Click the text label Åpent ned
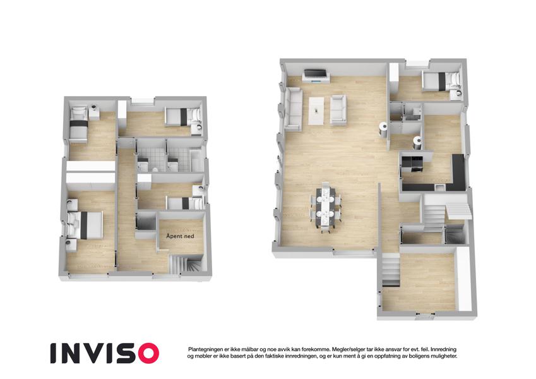(180, 236)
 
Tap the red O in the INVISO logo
(146, 353)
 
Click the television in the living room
(315, 73)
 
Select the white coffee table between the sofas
(316, 111)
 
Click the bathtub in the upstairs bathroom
(196, 160)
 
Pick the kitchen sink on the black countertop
(440, 187)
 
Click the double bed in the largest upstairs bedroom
(85, 224)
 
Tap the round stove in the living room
(384, 129)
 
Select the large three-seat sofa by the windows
(293, 109)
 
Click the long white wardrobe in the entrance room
(464, 279)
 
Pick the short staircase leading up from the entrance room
(391, 270)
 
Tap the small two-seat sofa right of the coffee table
(338, 109)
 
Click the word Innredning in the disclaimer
(443, 349)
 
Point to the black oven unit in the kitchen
(413, 164)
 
